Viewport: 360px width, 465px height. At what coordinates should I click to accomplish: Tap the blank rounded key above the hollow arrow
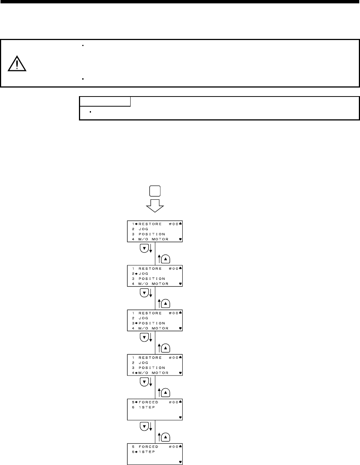click(x=155, y=192)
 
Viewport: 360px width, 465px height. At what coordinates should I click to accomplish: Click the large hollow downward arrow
click(x=155, y=205)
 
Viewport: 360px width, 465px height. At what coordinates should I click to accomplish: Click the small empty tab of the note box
click(x=105, y=101)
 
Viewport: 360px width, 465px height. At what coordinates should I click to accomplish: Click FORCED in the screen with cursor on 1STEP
click(x=149, y=447)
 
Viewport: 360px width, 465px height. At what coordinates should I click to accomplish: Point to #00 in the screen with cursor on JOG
click(x=174, y=269)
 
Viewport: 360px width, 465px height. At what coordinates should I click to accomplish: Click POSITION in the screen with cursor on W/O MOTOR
click(x=152, y=368)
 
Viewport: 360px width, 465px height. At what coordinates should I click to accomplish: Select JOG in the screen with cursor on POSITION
click(x=143, y=318)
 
